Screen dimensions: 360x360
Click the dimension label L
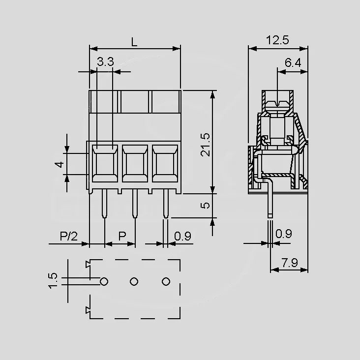point(134,42)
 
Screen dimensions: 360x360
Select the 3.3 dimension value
point(105,61)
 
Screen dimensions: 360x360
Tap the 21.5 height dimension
point(205,145)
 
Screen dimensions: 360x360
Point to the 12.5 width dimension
point(277,40)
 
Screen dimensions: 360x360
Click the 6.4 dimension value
point(293,62)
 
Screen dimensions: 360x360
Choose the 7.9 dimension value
point(290,263)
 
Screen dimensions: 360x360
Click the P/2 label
point(69,236)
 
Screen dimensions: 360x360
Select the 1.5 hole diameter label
point(53,280)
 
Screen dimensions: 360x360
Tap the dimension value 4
point(60,164)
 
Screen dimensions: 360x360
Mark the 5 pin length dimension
point(205,205)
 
